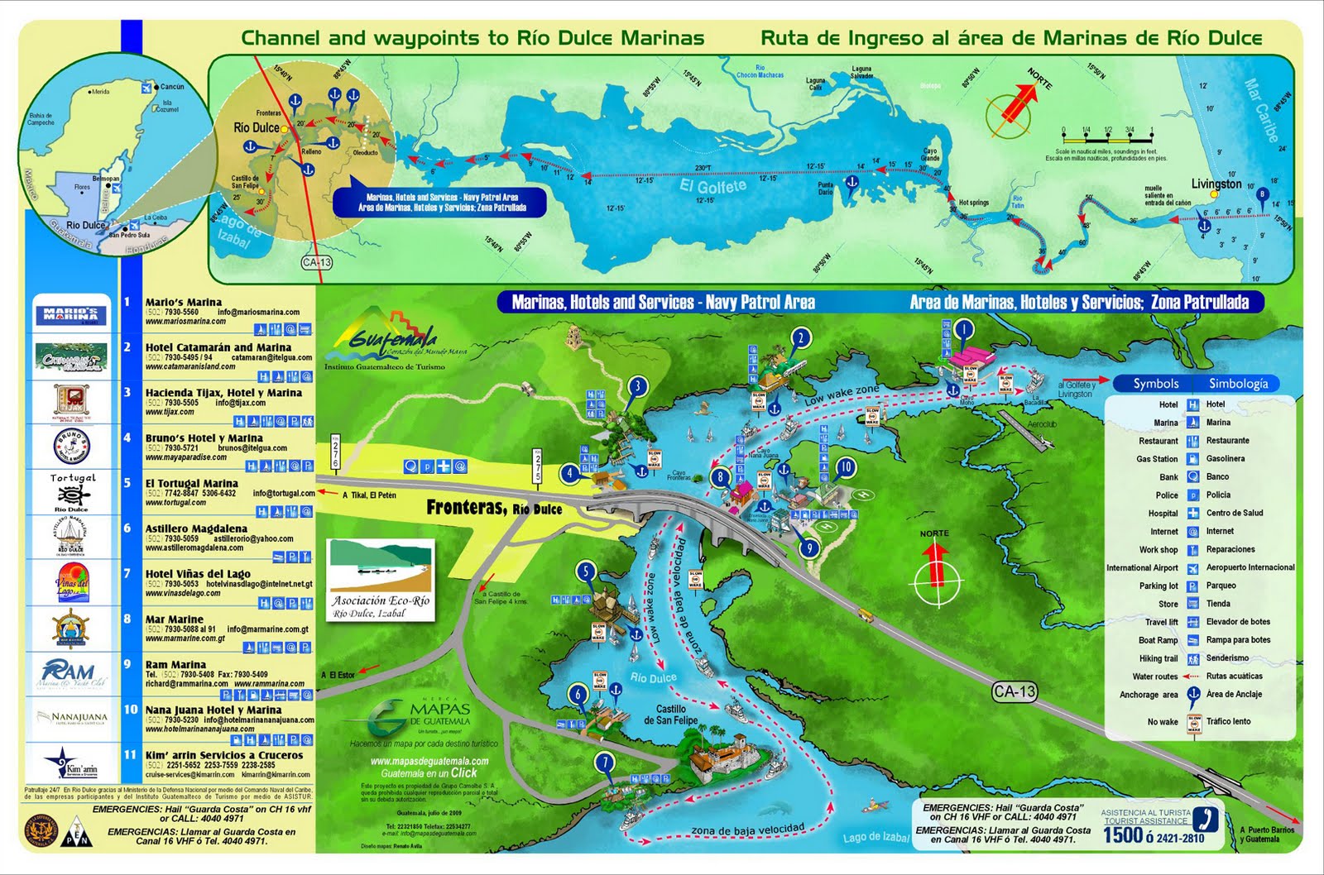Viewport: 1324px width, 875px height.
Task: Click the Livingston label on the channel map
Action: tap(1216, 184)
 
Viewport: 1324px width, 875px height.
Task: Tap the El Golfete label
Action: tap(712, 187)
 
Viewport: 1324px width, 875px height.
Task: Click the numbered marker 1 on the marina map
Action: tap(963, 330)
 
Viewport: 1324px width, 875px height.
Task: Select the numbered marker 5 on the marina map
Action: tap(586, 571)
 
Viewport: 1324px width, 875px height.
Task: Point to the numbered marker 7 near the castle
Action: tap(607, 763)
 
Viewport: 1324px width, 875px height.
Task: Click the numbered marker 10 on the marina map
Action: tap(845, 467)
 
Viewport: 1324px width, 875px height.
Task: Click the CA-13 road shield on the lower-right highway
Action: tap(1015, 691)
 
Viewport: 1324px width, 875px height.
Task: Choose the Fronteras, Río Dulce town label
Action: tap(493, 508)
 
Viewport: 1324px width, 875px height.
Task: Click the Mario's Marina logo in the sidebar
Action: tap(71, 314)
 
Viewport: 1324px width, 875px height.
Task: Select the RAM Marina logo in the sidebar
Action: tap(71, 673)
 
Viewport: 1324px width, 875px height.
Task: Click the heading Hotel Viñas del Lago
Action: tap(198, 573)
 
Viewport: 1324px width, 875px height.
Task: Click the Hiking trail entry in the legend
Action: tap(1158, 658)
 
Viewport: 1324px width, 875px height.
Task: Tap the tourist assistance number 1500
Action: tap(1123, 835)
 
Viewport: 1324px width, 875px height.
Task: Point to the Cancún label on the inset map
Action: tap(172, 87)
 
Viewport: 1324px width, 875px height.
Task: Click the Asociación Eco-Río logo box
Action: tap(381, 581)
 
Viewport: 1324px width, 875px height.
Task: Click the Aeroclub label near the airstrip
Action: tap(1042, 424)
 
